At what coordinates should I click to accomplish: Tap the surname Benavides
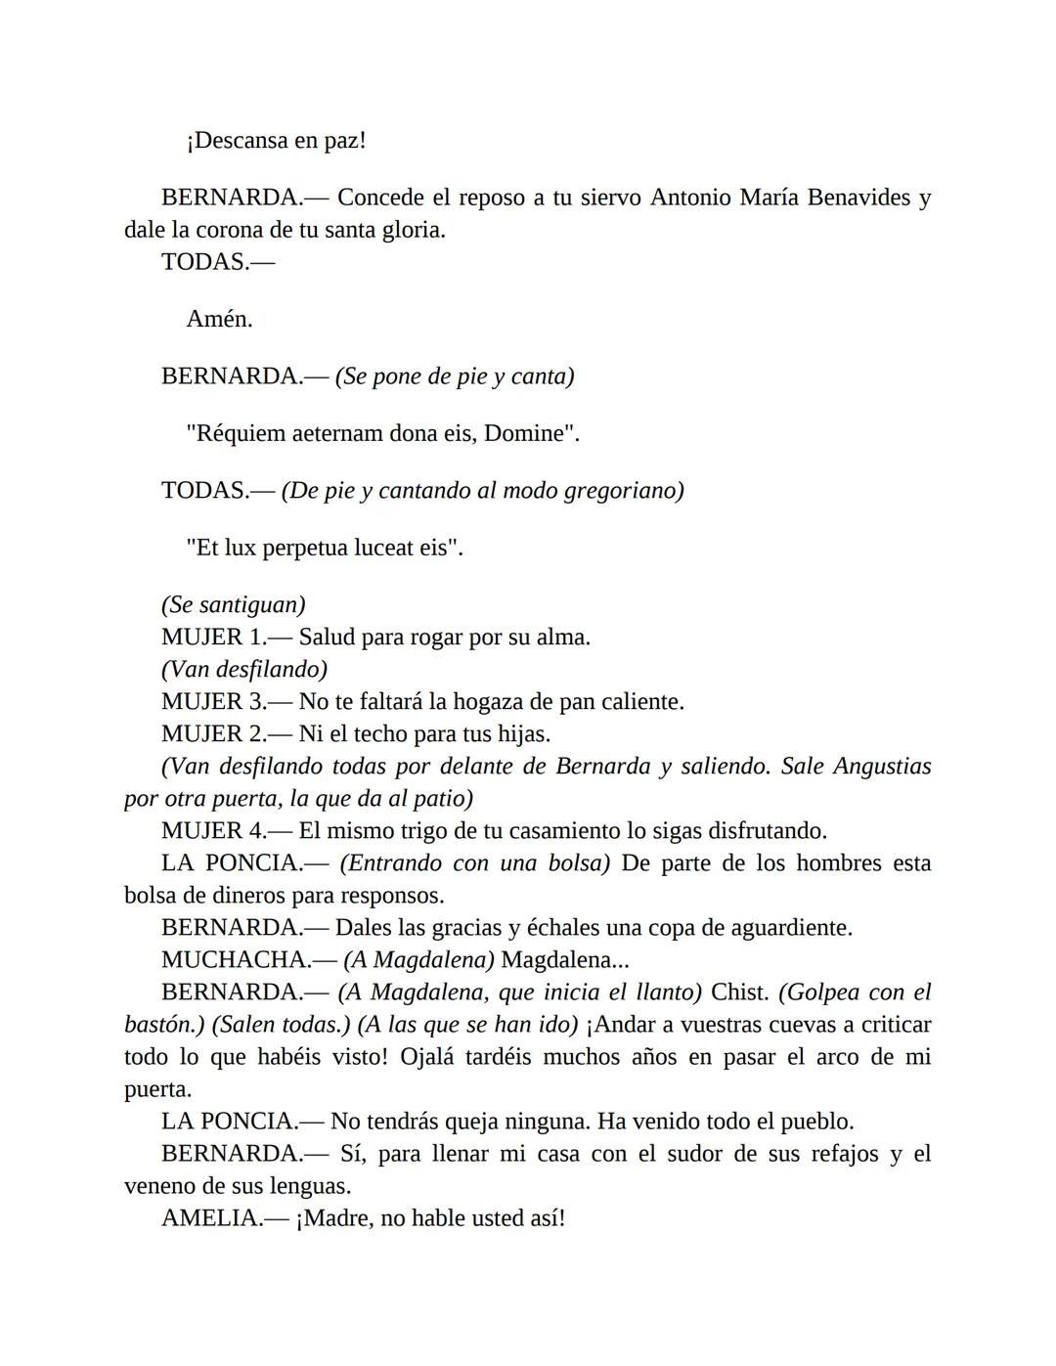click(856, 198)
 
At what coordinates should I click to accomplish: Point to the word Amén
click(219, 320)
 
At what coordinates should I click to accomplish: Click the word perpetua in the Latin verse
click(307, 549)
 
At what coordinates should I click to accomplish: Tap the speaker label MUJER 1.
click(213, 638)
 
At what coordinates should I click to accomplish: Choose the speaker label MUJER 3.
click(213, 702)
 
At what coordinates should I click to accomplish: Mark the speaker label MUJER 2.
click(213, 734)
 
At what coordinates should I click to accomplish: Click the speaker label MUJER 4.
click(213, 831)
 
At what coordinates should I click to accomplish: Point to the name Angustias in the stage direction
click(882, 767)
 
